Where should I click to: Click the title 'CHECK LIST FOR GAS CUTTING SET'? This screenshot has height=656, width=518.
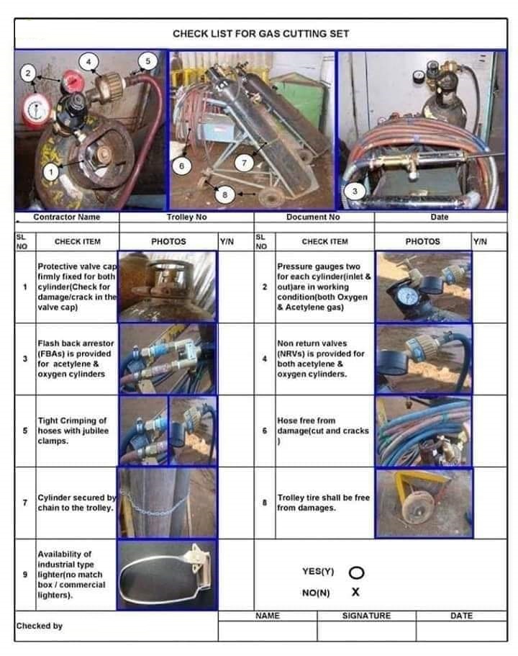tap(260, 33)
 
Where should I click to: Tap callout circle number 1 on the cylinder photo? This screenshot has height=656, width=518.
tap(51, 171)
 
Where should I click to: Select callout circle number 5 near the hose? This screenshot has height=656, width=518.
tap(148, 61)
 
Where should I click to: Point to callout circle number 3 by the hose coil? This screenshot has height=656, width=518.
tap(355, 191)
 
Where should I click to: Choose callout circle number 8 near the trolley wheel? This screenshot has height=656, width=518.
tap(225, 194)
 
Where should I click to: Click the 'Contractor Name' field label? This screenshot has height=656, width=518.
tap(66, 217)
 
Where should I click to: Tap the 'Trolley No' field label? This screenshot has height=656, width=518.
tap(186, 217)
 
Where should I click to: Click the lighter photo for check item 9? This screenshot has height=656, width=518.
tap(167, 575)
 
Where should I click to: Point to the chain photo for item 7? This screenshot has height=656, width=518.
tap(167, 503)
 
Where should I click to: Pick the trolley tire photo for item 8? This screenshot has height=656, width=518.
tap(424, 503)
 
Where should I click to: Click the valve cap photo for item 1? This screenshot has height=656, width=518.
tap(167, 287)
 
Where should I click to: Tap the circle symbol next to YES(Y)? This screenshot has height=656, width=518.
tap(355, 572)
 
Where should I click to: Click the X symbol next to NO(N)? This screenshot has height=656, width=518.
tap(355, 592)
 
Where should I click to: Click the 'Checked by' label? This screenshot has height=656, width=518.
tap(40, 626)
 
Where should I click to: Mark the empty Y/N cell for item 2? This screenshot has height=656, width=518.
tap(489, 287)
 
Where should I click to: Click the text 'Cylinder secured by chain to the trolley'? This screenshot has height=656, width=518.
tap(76, 503)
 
